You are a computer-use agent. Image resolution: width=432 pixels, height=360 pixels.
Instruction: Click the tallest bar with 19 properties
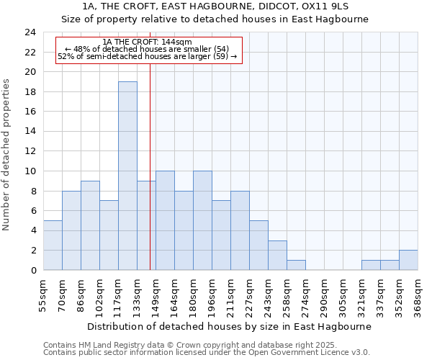click(x=127, y=176)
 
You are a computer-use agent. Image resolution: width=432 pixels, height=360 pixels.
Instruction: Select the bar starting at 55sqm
click(x=53, y=245)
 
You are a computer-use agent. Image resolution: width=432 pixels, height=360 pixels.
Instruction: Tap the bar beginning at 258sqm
click(x=296, y=265)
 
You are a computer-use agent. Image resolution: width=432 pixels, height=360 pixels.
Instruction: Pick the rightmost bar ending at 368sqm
click(x=408, y=260)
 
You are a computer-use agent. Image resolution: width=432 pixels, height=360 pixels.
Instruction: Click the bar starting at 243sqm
click(x=277, y=255)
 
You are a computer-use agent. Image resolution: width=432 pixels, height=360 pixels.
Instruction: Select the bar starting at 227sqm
click(x=258, y=245)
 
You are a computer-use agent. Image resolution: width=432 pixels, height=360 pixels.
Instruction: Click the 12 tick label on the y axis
click(x=30, y=151)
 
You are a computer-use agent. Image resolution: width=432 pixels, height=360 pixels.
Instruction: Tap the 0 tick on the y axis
click(x=33, y=270)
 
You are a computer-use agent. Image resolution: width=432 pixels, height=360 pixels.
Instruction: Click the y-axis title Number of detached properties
click(x=6, y=155)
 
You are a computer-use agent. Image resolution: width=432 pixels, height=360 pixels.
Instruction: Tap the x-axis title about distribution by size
click(x=230, y=326)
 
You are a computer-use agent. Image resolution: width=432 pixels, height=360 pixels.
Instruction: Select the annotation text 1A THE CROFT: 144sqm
click(x=147, y=42)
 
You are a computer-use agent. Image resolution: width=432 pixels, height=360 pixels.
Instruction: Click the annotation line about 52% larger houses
click(x=147, y=56)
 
